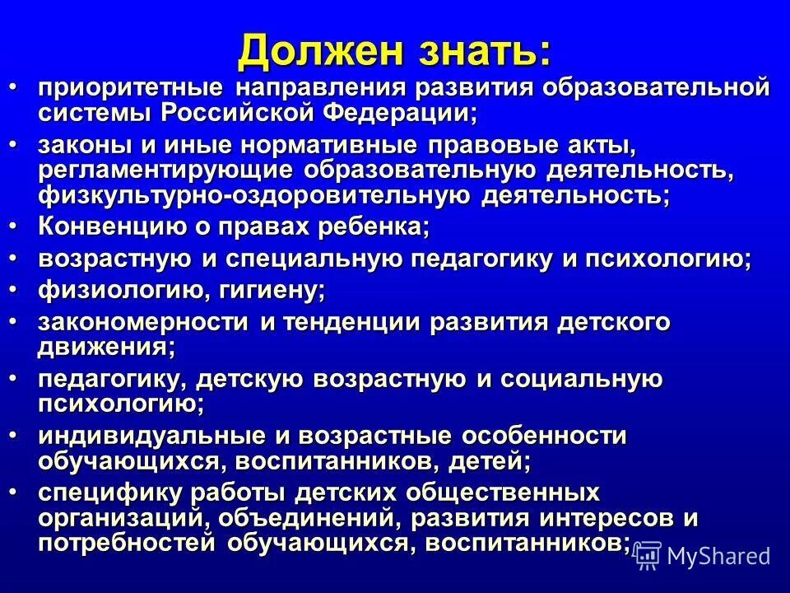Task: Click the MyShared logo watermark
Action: point(704,557)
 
